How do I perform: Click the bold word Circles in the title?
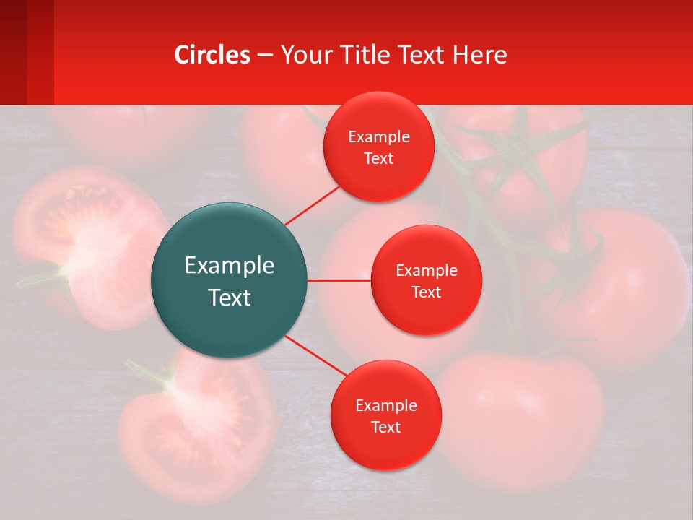212,55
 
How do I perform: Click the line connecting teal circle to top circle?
312,204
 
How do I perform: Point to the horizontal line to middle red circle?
339,280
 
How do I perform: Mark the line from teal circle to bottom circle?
315,355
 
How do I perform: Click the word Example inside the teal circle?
230,266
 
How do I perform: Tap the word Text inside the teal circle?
230,298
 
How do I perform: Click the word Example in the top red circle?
379,137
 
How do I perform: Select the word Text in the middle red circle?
426,292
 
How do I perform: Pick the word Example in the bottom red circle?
385,406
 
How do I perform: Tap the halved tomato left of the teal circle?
79,246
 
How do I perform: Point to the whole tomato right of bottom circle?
520,419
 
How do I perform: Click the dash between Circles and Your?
265,56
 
